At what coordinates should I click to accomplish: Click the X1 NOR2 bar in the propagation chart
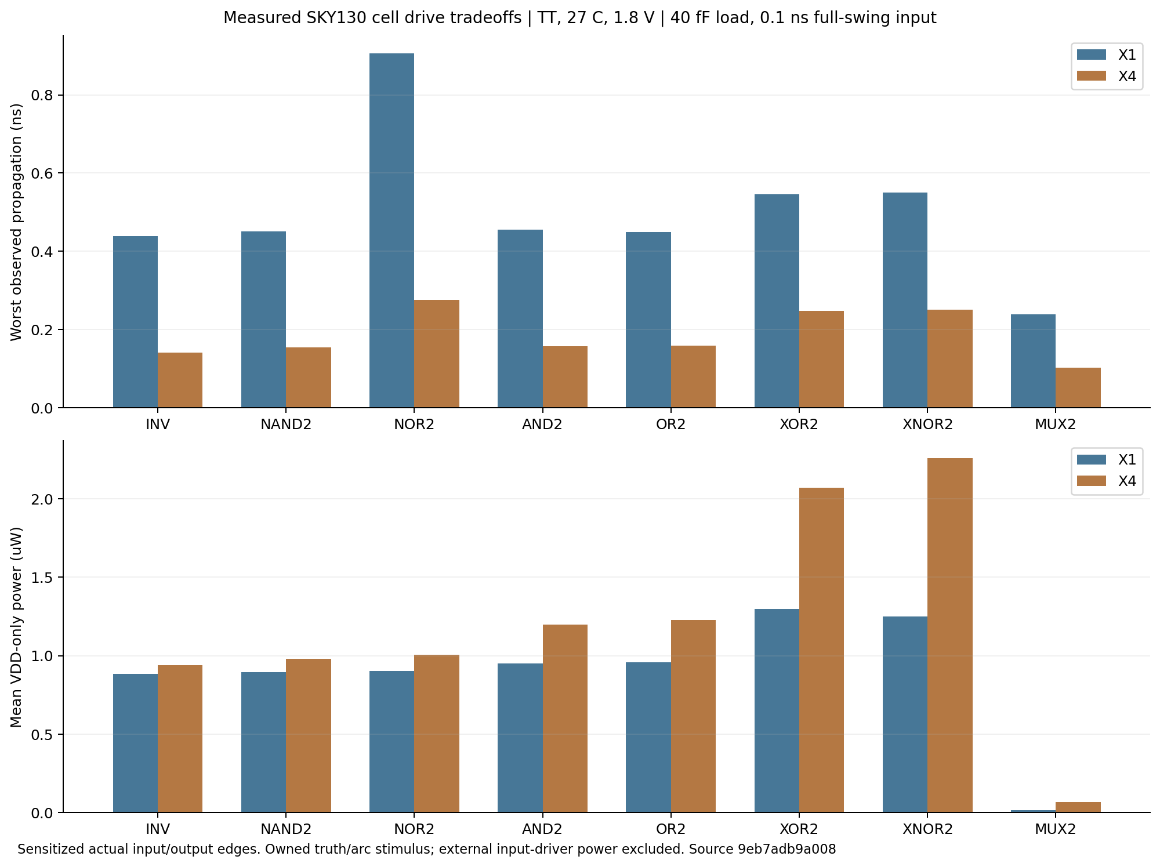point(391,230)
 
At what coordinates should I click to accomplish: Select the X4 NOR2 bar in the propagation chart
point(437,354)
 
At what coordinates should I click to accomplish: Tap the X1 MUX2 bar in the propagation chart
point(1033,361)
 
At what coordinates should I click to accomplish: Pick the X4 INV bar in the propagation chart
point(180,380)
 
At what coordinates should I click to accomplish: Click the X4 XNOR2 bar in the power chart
point(949,635)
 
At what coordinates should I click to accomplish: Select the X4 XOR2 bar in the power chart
point(821,650)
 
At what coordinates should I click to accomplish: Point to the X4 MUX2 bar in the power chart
point(1078,807)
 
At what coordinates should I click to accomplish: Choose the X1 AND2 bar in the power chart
point(520,738)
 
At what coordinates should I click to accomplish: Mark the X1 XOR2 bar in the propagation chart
point(777,301)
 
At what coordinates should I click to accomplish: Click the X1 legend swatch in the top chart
point(1092,55)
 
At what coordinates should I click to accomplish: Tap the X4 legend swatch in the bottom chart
point(1092,481)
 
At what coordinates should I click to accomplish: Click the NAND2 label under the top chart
point(286,425)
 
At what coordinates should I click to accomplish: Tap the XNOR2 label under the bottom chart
point(927,829)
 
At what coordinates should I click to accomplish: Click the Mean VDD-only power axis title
point(16,627)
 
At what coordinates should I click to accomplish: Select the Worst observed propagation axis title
point(16,222)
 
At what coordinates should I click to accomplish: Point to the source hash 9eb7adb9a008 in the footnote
point(787,850)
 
